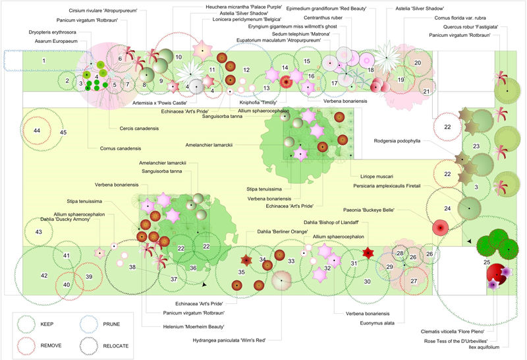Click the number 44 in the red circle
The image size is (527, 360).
37,131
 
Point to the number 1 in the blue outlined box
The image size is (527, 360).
44,61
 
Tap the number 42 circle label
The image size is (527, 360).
44,276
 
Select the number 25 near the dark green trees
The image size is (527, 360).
487,262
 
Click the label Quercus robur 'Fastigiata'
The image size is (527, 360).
455,26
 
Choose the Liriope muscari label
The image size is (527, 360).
375,177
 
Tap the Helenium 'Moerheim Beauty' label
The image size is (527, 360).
192,326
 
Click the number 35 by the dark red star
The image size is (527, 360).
241,271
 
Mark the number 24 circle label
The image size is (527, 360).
447,208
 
